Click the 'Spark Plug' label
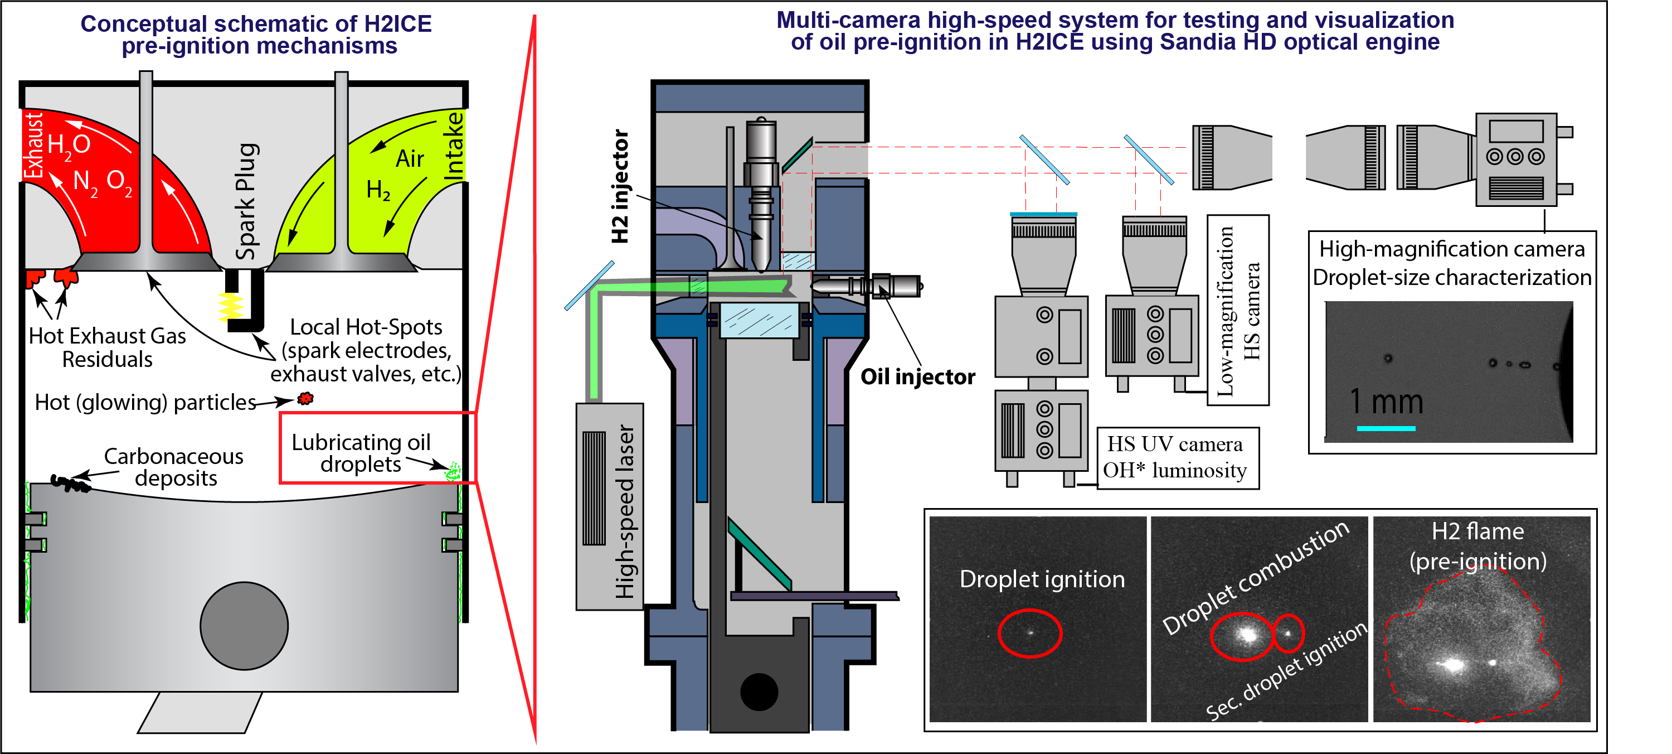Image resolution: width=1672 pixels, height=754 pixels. (247, 201)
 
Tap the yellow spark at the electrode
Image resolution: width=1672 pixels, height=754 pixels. (230, 307)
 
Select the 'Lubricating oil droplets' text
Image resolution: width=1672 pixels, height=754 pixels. (361, 453)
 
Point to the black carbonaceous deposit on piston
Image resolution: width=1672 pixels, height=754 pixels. (69, 482)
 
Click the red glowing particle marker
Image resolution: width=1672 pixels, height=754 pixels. (305, 398)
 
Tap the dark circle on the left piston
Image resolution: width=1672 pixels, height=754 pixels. (244, 625)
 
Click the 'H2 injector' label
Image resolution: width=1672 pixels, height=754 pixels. (620, 186)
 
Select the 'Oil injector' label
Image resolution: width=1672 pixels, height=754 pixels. (917, 376)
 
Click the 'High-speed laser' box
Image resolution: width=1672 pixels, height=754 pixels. (609, 506)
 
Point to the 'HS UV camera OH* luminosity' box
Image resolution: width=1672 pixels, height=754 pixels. (1177, 457)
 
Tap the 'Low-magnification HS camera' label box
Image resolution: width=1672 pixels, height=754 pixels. (1238, 311)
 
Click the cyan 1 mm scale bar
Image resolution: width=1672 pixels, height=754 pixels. (1386, 428)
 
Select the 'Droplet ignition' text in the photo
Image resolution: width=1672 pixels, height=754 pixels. (1042, 579)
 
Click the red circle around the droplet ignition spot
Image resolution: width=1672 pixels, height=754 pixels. (1029, 633)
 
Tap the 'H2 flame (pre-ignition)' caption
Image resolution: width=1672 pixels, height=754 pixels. (1478, 545)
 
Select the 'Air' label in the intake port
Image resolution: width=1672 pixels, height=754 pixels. (410, 158)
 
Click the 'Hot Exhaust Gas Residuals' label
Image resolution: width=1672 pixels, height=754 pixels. (108, 347)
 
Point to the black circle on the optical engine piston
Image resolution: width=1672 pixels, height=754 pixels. (759, 692)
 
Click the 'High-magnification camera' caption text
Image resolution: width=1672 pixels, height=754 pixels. (1452, 249)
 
